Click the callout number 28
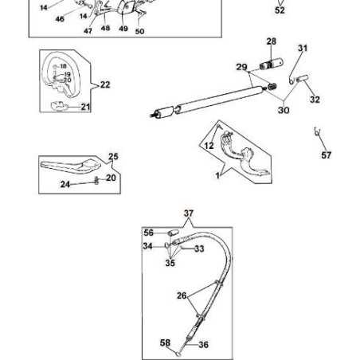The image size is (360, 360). pyautogui.click(x=271, y=41)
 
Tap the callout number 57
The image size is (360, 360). pyautogui.click(x=326, y=155)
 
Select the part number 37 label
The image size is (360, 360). pyautogui.click(x=189, y=213)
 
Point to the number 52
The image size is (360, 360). pyautogui.click(x=280, y=11)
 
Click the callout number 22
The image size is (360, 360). pyautogui.click(x=105, y=84)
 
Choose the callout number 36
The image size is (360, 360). pyautogui.click(x=203, y=345)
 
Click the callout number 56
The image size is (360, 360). pyautogui.click(x=148, y=232)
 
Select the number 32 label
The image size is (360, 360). pyautogui.click(x=315, y=100)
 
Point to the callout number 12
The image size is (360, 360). pyautogui.click(x=209, y=145)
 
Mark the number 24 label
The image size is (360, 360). pyautogui.click(x=66, y=185)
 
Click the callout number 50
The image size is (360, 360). pyautogui.click(x=140, y=31)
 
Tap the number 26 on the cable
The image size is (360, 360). pyautogui.click(x=182, y=296)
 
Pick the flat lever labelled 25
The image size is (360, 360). pyautogui.click(x=68, y=168)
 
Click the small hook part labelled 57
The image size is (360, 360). pyautogui.click(x=318, y=131)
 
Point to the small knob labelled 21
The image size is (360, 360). pyautogui.click(x=57, y=104)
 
